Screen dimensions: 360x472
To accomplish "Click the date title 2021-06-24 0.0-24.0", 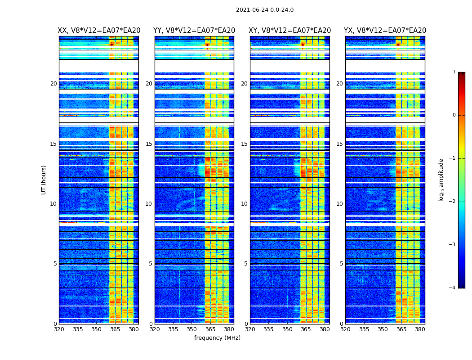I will tap(264, 10).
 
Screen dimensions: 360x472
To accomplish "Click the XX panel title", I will tap(99, 31).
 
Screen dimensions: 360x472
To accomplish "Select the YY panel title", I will tap(194, 31).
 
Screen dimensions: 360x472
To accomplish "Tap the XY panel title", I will tap(290, 31).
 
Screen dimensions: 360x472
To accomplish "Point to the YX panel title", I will tap(385, 31).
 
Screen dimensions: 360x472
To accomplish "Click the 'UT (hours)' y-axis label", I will tap(44, 180).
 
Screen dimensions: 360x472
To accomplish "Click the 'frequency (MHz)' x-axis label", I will tap(217, 338).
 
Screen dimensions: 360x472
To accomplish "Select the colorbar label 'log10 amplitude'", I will tap(441, 180).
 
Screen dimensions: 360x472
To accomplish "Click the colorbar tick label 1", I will tap(454, 72).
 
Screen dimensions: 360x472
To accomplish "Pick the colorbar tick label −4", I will tap(453, 288).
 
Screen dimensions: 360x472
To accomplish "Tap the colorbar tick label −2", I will tap(453, 202).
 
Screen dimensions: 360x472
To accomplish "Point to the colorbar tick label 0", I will tap(454, 115).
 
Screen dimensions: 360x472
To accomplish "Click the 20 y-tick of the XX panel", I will tap(53, 84).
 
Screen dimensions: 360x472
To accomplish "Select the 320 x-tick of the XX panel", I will tap(59, 329).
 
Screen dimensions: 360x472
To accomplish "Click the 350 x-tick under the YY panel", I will tap(192, 329).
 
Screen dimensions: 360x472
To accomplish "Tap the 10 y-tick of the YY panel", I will tap(149, 204).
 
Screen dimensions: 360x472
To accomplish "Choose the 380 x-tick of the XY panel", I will tap(325, 329).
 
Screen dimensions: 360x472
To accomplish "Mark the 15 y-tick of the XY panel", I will tap(244, 144).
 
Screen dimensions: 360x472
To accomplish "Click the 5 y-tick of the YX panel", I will tap(341, 264).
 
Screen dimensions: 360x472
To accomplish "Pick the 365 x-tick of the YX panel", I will tap(401, 329).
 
